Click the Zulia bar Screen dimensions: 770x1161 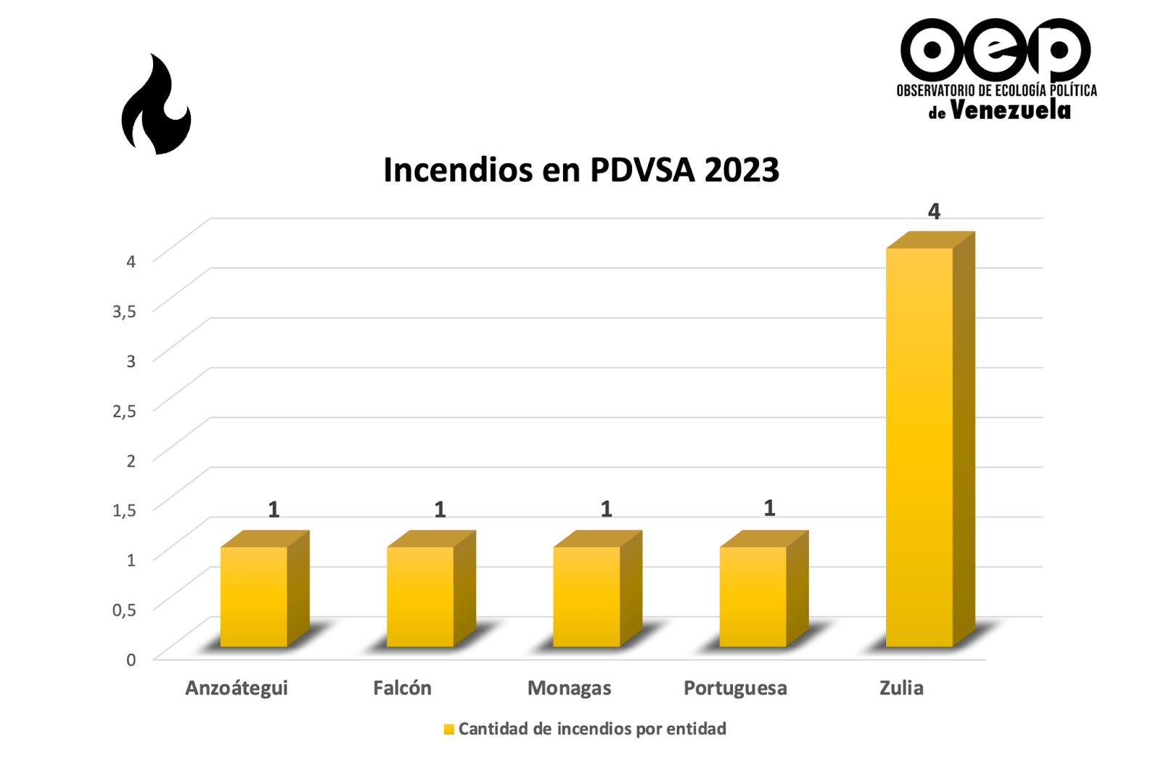(x=919, y=446)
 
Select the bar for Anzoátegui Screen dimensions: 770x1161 (x=254, y=596)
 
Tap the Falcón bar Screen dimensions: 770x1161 (x=420, y=596)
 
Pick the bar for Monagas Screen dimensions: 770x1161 (x=586, y=596)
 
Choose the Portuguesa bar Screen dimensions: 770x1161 (x=752, y=596)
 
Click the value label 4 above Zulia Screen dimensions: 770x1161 (x=934, y=211)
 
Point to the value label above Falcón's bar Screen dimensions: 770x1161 (x=440, y=509)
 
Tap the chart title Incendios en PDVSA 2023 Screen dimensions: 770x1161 (x=580, y=171)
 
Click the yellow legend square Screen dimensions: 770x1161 (x=449, y=729)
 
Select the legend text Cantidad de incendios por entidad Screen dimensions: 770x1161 (x=592, y=729)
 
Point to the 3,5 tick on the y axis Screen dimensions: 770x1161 (x=124, y=311)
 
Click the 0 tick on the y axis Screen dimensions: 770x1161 (x=131, y=660)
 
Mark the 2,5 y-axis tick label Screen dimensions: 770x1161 (x=124, y=411)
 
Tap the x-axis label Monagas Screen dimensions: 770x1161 (x=569, y=688)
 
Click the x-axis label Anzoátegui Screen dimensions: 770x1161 (x=237, y=688)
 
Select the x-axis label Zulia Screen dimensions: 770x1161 (x=901, y=688)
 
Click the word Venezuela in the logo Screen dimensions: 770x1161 (x=1010, y=110)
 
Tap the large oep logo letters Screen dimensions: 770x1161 (x=996, y=49)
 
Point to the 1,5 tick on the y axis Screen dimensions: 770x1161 (x=124, y=510)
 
